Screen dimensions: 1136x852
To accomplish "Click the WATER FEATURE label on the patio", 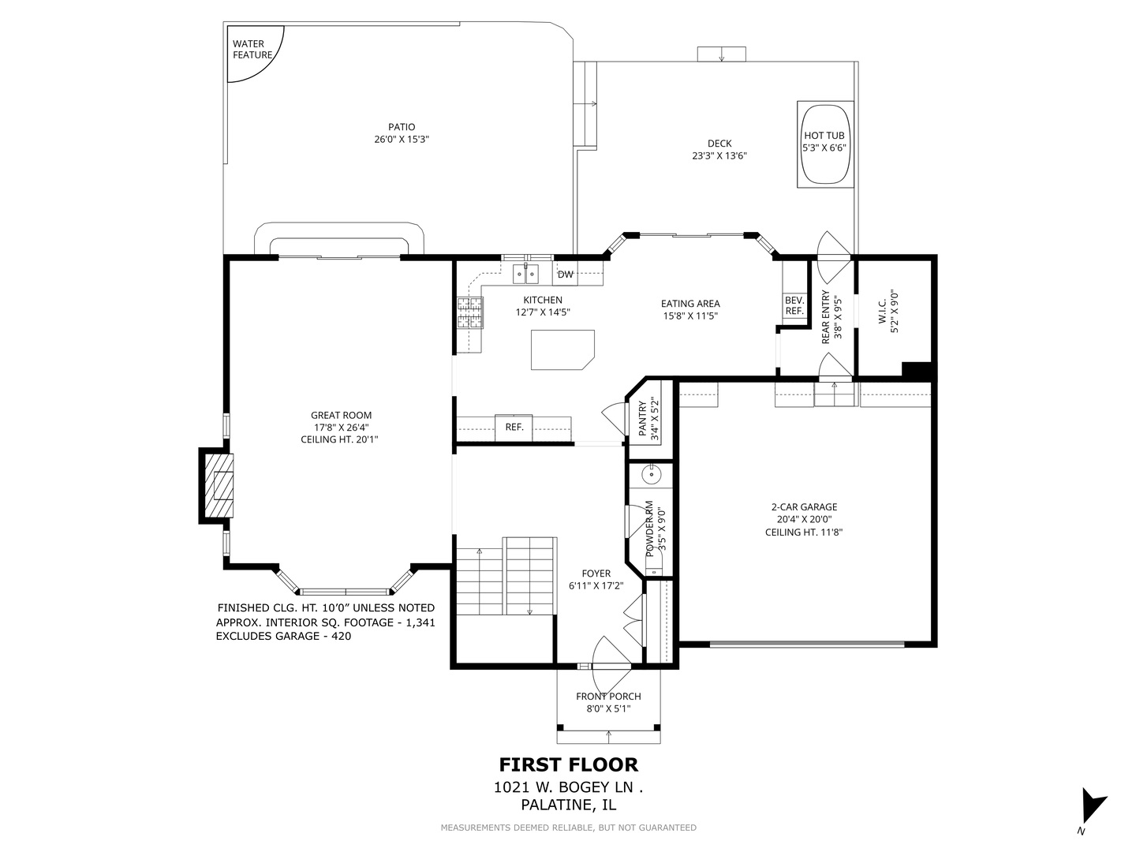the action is point(252,49).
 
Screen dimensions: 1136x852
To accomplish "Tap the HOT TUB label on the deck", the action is point(824,136).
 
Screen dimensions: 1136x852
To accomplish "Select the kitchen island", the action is point(562,349).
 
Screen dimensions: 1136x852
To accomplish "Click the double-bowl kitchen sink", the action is point(525,274).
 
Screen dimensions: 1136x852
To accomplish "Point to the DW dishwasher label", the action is point(565,275).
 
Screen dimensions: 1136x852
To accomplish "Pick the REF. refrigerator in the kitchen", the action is point(514,428).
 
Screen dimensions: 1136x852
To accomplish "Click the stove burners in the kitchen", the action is point(470,313).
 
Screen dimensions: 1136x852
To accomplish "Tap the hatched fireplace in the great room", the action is point(219,486).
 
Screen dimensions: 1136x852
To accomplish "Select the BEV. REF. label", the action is point(794,306).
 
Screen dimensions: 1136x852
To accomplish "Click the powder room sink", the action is point(651,474).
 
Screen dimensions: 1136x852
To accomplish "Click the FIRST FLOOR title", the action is point(568,764).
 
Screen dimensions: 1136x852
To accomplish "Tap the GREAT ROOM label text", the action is point(341,415).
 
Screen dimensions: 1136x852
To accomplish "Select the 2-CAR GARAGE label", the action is point(804,507).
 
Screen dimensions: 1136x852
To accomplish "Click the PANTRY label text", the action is point(642,418).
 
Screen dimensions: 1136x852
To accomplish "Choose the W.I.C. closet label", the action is point(883,312).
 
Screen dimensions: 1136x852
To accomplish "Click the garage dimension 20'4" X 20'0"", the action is point(804,519).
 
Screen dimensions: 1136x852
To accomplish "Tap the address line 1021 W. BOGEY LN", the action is point(568,787).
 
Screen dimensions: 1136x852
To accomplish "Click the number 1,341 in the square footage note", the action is point(420,623).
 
